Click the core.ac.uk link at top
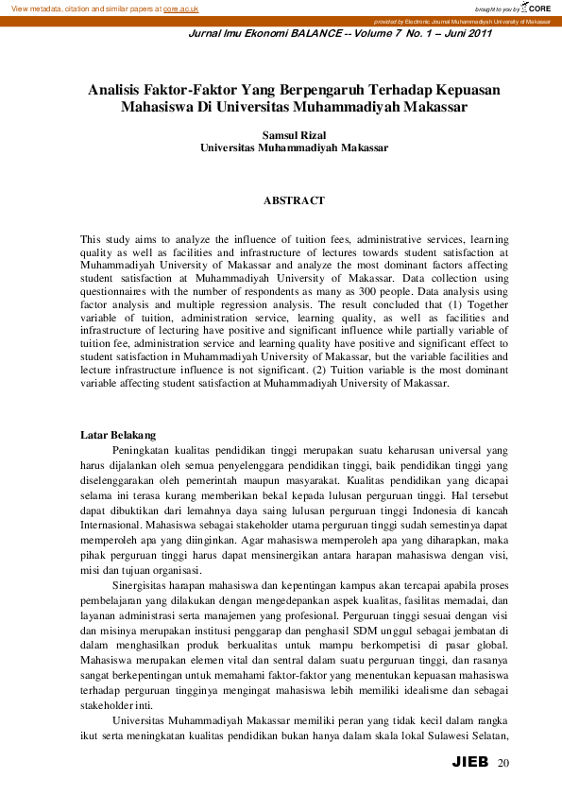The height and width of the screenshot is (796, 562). tap(182, 8)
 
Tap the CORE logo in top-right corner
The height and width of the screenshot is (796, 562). tap(538, 8)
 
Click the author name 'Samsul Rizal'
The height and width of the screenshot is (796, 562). tap(294, 135)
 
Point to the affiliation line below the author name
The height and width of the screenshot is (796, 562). tap(294, 148)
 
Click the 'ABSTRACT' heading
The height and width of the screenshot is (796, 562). tap(294, 200)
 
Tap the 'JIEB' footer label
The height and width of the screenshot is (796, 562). tap(470, 762)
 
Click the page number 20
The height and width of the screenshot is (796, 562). tap(502, 763)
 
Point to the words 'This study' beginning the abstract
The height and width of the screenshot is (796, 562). tap(102, 240)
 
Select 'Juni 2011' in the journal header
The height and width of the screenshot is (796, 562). tap(467, 34)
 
